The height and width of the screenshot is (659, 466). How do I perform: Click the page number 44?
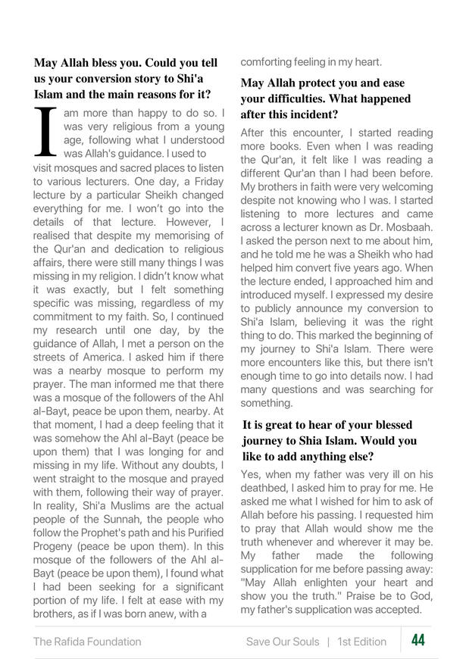pos(418,641)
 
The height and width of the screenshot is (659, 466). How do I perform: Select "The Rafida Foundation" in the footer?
pos(87,642)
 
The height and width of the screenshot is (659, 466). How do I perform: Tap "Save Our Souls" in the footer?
pos(283,642)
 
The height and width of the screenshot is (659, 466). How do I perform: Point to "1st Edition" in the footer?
pos(362,642)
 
